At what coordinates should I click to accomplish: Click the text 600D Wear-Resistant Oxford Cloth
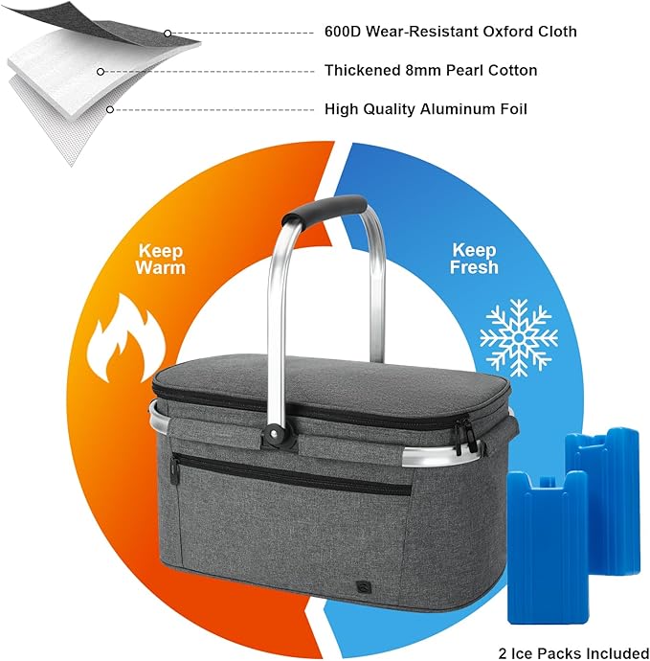point(450,32)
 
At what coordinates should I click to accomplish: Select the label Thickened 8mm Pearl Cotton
point(431,70)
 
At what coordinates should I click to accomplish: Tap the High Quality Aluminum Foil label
point(425,109)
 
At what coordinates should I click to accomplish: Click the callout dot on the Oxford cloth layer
point(168,34)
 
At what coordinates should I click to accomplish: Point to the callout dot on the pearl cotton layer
point(101,72)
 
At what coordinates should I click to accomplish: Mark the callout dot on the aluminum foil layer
point(110,109)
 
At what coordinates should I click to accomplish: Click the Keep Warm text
point(161,260)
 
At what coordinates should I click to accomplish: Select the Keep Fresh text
point(474,259)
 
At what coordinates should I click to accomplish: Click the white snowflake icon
point(519,337)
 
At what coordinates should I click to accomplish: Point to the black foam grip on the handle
point(324,209)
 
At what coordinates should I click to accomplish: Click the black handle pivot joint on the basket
point(275,435)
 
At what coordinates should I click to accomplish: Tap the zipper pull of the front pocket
point(174,467)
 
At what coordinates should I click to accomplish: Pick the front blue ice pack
point(547,547)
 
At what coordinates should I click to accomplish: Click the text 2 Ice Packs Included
point(573,653)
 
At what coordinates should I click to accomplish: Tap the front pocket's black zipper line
point(291,472)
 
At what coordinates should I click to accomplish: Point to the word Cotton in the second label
point(512,70)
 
